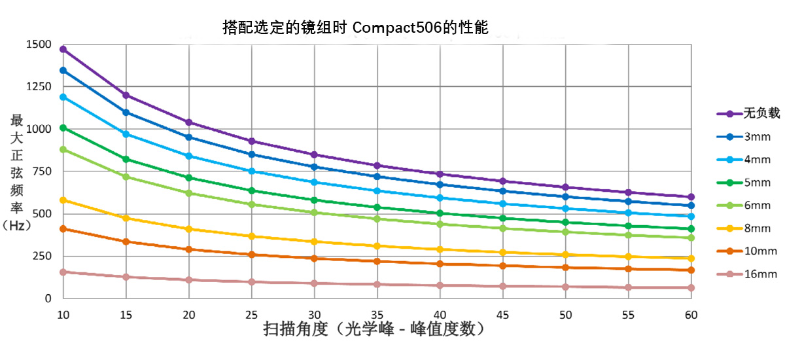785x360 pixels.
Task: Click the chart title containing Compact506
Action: coord(356,27)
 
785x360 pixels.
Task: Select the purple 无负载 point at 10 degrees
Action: coord(63,49)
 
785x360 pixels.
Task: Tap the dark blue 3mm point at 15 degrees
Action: coord(126,113)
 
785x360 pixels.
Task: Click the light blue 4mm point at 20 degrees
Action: coord(188,156)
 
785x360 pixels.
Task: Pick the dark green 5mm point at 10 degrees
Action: coord(63,128)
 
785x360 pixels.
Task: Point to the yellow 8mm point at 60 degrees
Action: coord(691,259)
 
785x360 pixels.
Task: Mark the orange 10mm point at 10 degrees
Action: coord(63,228)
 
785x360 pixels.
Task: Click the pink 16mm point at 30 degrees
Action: coord(314,283)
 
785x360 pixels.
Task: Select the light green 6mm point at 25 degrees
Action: coord(251,204)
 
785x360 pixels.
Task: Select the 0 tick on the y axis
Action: coord(48,298)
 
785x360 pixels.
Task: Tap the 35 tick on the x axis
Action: coord(377,315)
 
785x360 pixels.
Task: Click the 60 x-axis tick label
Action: coord(691,315)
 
